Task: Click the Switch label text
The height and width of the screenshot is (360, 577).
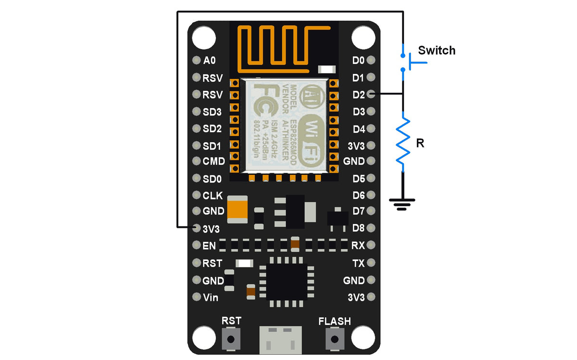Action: click(x=436, y=50)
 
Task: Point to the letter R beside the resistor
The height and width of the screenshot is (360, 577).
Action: click(x=420, y=143)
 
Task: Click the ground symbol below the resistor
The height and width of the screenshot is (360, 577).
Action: click(x=403, y=203)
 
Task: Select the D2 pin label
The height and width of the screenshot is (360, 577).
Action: click(x=359, y=95)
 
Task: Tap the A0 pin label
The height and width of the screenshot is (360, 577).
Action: click(x=210, y=61)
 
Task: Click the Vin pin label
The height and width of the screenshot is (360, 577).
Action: click(x=211, y=298)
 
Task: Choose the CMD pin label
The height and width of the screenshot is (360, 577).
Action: click(x=213, y=161)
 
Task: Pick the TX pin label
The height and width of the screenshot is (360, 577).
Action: click(x=359, y=263)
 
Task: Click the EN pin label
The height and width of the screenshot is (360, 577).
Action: click(x=209, y=246)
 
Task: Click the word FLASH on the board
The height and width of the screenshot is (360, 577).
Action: click(x=335, y=321)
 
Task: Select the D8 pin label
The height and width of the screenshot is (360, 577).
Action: click(x=359, y=227)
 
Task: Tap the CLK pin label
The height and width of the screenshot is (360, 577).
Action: click(x=213, y=196)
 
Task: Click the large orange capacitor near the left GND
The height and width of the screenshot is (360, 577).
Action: click(x=238, y=209)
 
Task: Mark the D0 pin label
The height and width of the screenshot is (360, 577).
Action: click(x=359, y=61)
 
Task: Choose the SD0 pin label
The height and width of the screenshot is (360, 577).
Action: click(x=212, y=179)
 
